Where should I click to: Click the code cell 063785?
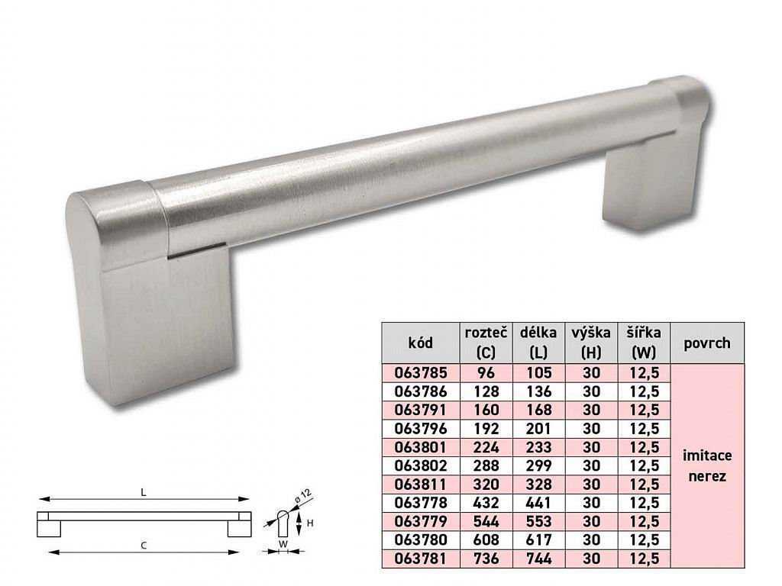[x=420, y=374]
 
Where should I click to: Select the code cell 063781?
[x=420, y=559]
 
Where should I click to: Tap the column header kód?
[x=420, y=343]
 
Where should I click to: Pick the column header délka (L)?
[x=539, y=343]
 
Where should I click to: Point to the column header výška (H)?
[x=591, y=343]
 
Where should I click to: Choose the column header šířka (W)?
[x=643, y=343]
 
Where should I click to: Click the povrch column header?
[x=706, y=343]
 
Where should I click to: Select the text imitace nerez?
[x=706, y=465]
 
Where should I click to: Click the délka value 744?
[x=539, y=559]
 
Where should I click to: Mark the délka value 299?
[x=539, y=466]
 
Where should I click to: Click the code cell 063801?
[x=420, y=448]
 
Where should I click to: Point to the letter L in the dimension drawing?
[x=143, y=493]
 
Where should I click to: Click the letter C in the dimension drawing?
[x=143, y=545]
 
